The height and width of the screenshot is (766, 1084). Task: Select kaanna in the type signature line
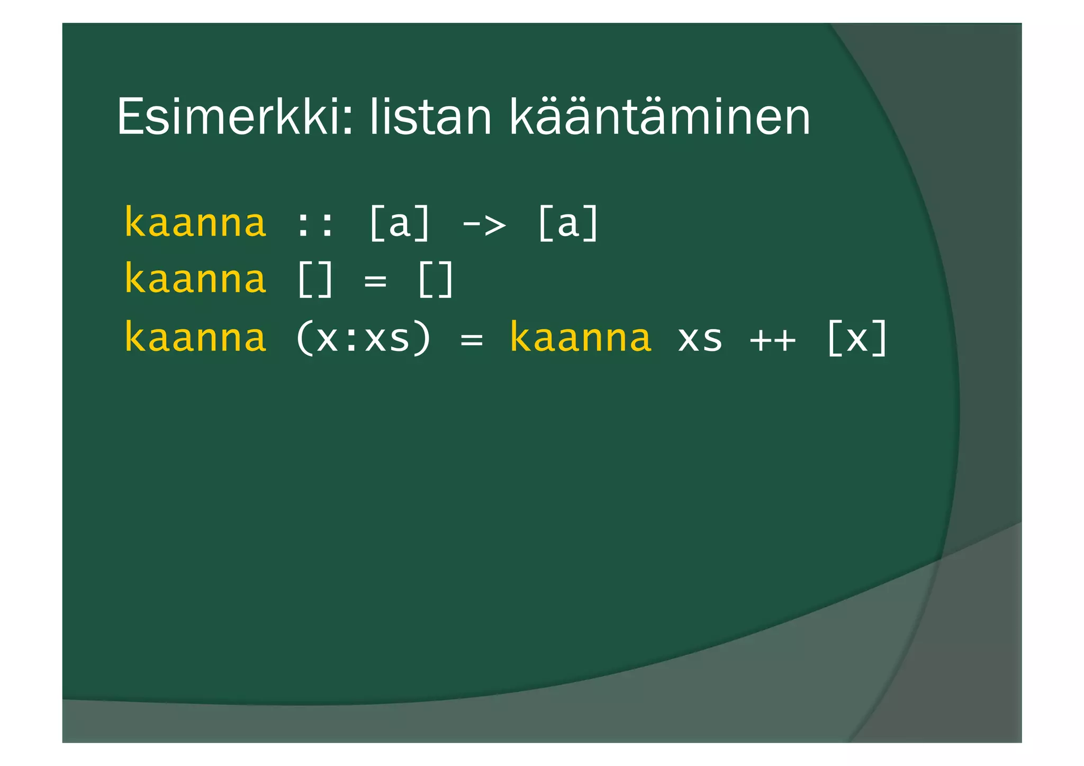click(x=195, y=222)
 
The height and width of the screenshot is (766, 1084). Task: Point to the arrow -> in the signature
click(x=484, y=224)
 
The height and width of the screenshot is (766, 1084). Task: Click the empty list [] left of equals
click(x=315, y=281)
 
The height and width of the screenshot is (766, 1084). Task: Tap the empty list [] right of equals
click(x=436, y=281)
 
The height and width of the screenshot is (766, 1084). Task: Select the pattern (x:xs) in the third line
click(x=363, y=338)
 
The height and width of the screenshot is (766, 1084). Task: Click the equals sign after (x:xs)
click(x=472, y=339)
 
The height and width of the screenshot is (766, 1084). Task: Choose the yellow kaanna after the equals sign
click(x=580, y=337)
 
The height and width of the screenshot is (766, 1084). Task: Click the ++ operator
click(x=773, y=339)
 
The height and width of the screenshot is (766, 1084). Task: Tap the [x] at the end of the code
click(x=856, y=338)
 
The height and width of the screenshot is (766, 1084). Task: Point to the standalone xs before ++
click(x=700, y=339)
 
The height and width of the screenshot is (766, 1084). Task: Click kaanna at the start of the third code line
click(x=195, y=337)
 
